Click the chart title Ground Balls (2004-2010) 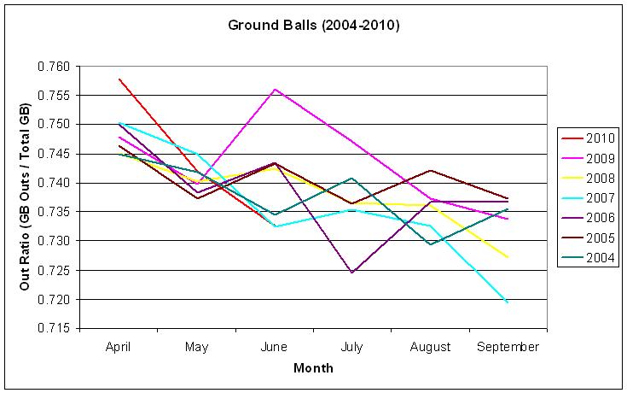point(314,26)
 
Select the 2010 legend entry point(588,138)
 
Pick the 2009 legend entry point(588,158)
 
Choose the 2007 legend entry point(588,198)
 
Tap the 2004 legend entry point(588,258)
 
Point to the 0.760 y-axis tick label point(54,66)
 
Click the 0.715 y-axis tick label point(54,329)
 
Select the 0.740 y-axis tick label point(54,183)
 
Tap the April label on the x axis point(119,347)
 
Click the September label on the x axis point(508,347)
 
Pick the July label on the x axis point(351,347)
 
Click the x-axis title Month point(313,367)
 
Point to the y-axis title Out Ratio point(25,196)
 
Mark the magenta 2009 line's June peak point(275,90)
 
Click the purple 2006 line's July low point point(351,273)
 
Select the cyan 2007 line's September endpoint point(508,302)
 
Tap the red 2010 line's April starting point point(119,79)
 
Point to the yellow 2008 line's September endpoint point(508,257)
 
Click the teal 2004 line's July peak point(351,178)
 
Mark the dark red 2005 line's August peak point(430,171)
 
